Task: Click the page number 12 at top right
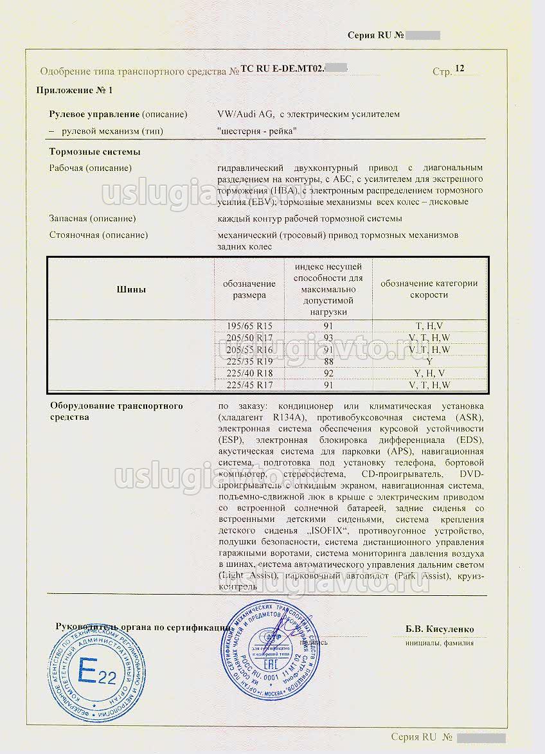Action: (459, 68)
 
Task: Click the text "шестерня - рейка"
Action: (257, 131)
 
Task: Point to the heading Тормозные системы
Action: (95, 152)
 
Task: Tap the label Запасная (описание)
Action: (93, 219)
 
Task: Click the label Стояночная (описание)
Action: (98, 235)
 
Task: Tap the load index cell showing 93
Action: (328, 337)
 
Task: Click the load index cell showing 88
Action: (328, 361)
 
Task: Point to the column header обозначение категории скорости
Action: (429, 289)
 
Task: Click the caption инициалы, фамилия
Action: (440, 642)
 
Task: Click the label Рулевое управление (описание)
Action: (118, 114)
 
